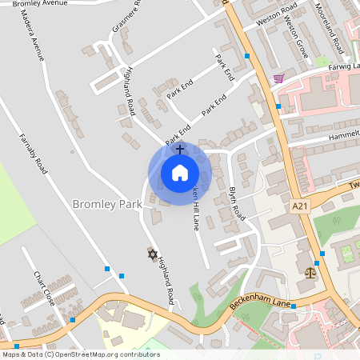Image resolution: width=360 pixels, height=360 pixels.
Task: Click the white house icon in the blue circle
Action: [x=180, y=172]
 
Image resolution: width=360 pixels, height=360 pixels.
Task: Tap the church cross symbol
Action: [x=180, y=149]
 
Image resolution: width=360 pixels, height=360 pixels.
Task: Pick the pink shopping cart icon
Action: [x=278, y=78]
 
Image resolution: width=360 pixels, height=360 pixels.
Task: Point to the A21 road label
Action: [x=300, y=206]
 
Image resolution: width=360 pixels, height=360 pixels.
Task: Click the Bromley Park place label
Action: [x=107, y=204]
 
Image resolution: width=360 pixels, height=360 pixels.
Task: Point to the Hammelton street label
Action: [x=344, y=137]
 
